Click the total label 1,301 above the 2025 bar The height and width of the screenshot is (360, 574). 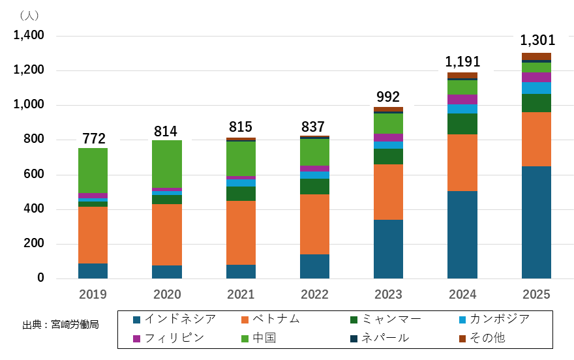pyautogui.click(x=537, y=41)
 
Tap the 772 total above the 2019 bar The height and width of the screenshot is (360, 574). pyautogui.click(x=93, y=138)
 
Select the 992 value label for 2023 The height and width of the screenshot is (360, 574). pyautogui.click(x=387, y=97)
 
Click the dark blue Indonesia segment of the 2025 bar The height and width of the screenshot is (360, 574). pyautogui.click(x=536, y=222)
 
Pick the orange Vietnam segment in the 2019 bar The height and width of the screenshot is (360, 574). pyautogui.click(x=93, y=235)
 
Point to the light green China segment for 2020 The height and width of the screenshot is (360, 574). pyautogui.click(x=167, y=164)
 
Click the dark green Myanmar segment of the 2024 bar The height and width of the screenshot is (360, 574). pyautogui.click(x=462, y=124)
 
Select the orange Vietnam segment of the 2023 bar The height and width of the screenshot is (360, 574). pyautogui.click(x=388, y=192)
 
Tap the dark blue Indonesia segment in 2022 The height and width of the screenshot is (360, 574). pyautogui.click(x=314, y=266)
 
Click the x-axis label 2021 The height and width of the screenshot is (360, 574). pyautogui.click(x=241, y=294)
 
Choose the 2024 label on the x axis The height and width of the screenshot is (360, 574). pyautogui.click(x=462, y=294)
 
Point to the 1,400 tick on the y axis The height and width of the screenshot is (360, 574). pyautogui.click(x=29, y=35)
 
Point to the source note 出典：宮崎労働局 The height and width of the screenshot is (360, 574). pyautogui.click(x=61, y=324)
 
